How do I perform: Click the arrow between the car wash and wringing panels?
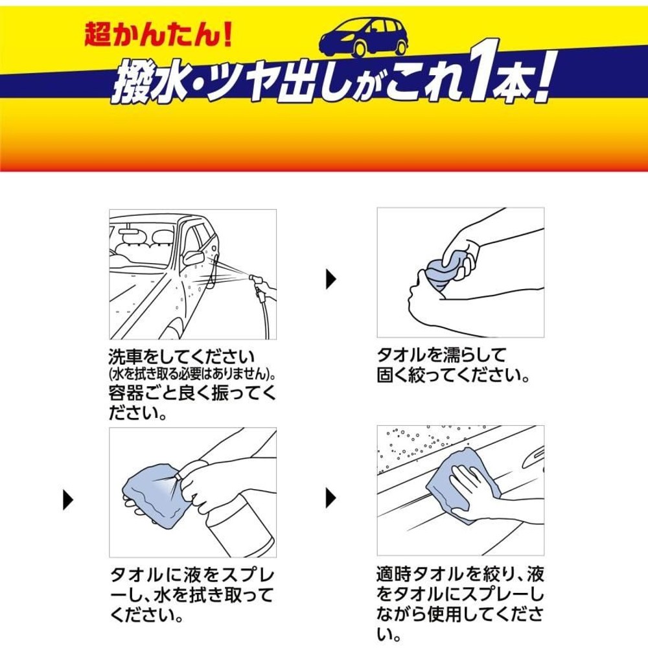[330, 279]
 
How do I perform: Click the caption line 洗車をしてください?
[182, 358]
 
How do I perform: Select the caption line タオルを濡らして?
[441, 356]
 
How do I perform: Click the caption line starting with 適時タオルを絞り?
[460, 575]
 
